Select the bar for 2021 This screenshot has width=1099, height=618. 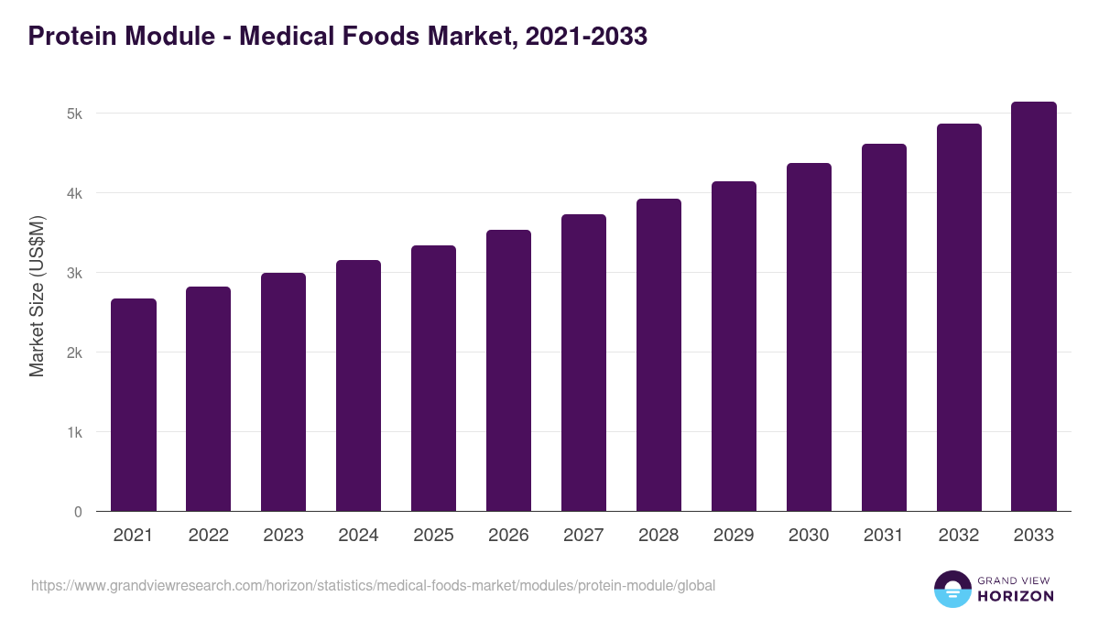[x=134, y=405]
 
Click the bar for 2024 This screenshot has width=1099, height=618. [x=358, y=385]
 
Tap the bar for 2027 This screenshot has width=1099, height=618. [x=583, y=363]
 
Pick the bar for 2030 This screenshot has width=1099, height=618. [x=809, y=337]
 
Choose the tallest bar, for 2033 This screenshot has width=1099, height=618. [x=1034, y=307]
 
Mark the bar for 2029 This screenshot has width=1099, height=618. [x=734, y=346]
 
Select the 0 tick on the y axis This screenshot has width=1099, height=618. [x=78, y=512]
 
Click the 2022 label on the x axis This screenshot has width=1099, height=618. [x=208, y=536]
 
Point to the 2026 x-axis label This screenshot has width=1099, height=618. [x=508, y=536]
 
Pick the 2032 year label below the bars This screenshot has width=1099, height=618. [x=959, y=536]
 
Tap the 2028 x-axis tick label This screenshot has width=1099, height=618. [x=658, y=536]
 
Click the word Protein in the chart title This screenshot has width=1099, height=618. [x=70, y=37]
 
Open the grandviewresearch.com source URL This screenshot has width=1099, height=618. [x=373, y=585]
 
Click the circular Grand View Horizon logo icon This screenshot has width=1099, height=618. [x=952, y=589]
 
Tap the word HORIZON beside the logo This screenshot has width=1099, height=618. [x=1017, y=596]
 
